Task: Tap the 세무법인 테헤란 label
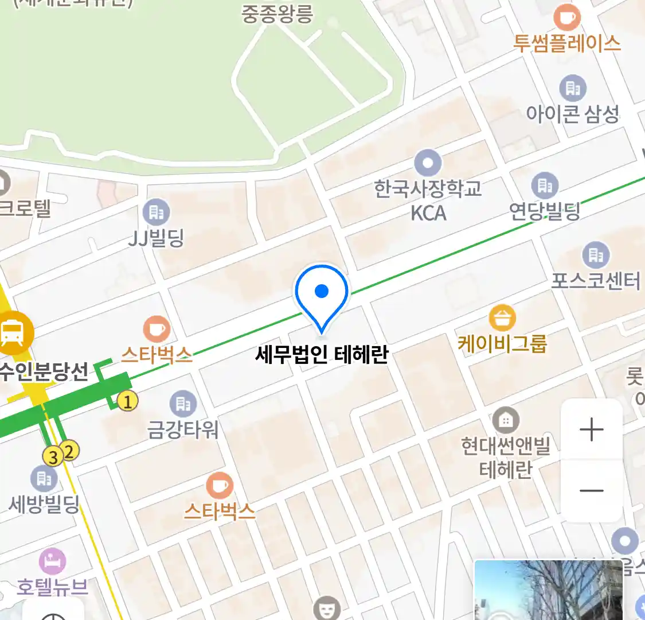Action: (x=322, y=354)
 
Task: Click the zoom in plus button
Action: (x=591, y=429)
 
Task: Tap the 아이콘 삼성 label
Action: (x=572, y=114)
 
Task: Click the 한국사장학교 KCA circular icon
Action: (x=428, y=163)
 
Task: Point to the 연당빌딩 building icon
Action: (x=544, y=185)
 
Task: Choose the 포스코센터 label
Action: (x=595, y=281)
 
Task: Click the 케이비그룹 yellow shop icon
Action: (x=502, y=317)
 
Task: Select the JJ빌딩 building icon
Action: (x=156, y=212)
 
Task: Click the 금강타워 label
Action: (x=183, y=429)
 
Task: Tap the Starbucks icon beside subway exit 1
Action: (x=157, y=330)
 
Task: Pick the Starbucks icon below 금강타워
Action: (x=219, y=486)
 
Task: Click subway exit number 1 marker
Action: (x=127, y=401)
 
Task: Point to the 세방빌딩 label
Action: (x=44, y=505)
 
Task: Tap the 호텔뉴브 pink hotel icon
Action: (x=52, y=561)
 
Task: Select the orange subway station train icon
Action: (x=13, y=332)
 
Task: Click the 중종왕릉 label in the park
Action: (x=277, y=14)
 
